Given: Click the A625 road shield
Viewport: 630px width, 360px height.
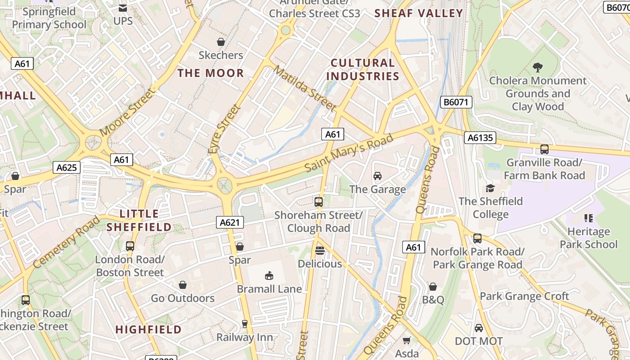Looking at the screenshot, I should coord(67,168).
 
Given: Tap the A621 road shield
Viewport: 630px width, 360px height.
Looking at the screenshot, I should coord(230,222).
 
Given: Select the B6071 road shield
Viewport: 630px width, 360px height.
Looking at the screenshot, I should coord(456,102).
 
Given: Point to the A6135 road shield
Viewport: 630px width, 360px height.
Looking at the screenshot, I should coord(480,138).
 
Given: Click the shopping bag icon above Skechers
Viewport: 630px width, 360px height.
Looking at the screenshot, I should coord(221,42).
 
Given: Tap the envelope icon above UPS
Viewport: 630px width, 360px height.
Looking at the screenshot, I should coord(122,8).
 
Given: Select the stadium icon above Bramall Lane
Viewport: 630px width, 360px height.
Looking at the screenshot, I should coord(269,275).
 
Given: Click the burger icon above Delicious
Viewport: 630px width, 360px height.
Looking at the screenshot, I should coord(320,250).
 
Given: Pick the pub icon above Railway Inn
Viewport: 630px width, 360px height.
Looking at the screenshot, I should coord(245,324).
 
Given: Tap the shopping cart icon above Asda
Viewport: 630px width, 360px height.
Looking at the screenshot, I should coord(407,340).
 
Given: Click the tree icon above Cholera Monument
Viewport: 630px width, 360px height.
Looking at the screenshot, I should coord(537,67).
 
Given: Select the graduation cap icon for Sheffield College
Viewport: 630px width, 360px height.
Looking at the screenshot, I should coord(490,188).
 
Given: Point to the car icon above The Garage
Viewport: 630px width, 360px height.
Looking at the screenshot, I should coord(378,176).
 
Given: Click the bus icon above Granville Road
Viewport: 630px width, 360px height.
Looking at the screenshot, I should coord(544,149).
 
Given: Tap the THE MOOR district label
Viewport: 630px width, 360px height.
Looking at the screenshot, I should coord(211,73).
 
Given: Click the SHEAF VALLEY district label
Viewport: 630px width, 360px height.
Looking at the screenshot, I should coord(419,13).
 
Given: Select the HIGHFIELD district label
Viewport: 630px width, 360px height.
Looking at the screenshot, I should coord(148,329).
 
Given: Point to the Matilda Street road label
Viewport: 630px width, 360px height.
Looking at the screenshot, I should coord(305,89).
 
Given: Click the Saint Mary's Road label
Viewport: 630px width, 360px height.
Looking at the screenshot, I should coord(349,153).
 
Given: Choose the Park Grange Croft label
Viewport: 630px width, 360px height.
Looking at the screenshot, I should coord(524,296).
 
